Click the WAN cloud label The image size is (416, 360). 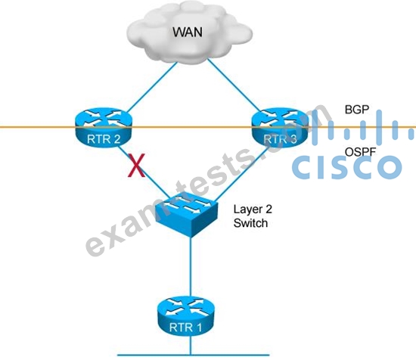pyautogui.click(x=188, y=32)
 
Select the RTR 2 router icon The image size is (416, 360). pyautogui.click(x=103, y=127)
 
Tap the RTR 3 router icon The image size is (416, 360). pyautogui.click(x=280, y=127)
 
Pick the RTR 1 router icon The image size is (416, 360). pyautogui.click(x=186, y=315)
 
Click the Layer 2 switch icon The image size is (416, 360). pyautogui.click(x=187, y=213)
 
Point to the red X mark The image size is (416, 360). pyautogui.click(x=136, y=166)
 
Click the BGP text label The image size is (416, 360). pyautogui.click(x=357, y=110)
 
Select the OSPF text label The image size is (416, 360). pyautogui.click(x=361, y=152)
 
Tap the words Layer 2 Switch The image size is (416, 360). pyautogui.click(x=253, y=216)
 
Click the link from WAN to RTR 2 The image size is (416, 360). pyautogui.click(x=152, y=87)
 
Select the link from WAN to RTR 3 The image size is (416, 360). pyautogui.click(x=234, y=85)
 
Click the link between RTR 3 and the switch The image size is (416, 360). pyautogui.click(x=242, y=173)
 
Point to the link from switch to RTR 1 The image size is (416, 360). pyautogui.click(x=191, y=267)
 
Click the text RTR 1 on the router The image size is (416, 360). pyautogui.click(x=185, y=327)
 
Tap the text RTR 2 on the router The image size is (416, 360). pyautogui.click(x=104, y=139)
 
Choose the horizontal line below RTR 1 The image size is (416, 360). pyautogui.click(x=194, y=355)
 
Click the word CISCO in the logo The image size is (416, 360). pyautogui.click(x=347, y=166)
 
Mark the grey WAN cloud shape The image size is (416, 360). pyautogui.click(x=189, y=32)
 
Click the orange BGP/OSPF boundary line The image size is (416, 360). pyautogui.click(x=208, y=127)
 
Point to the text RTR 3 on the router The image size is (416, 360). pyautogui.click(x=280, y=139)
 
